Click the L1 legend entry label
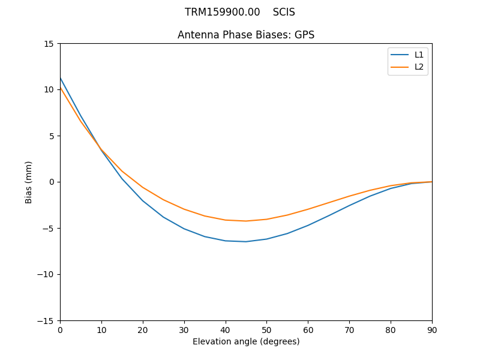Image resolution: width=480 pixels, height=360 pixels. point(419,55)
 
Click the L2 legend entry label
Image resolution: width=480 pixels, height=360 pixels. point(419,67)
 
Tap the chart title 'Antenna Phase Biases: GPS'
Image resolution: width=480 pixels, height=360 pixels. point(246,35)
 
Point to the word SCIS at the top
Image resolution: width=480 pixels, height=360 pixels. point(284,12)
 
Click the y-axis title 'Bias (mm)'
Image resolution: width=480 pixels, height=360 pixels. point(29,182)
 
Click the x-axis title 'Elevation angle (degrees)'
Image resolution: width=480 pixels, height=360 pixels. point(246,341)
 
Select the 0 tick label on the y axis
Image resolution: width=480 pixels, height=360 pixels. point(52,182)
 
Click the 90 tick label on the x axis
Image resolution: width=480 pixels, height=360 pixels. point(432,329)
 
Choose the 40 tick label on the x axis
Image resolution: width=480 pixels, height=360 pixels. point(226,329)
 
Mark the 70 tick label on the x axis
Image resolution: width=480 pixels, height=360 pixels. point(349,329)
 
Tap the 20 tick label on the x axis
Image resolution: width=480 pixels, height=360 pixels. point(143,329)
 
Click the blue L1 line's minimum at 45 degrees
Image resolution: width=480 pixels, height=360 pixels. point(246,242)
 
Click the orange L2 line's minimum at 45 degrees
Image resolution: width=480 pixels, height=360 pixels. point(246,221)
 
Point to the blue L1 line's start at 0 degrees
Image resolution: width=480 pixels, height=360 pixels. point(61,78)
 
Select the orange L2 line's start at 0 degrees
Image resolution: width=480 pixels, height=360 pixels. point(61,88)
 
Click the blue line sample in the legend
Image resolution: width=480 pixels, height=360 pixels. point(400,55)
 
